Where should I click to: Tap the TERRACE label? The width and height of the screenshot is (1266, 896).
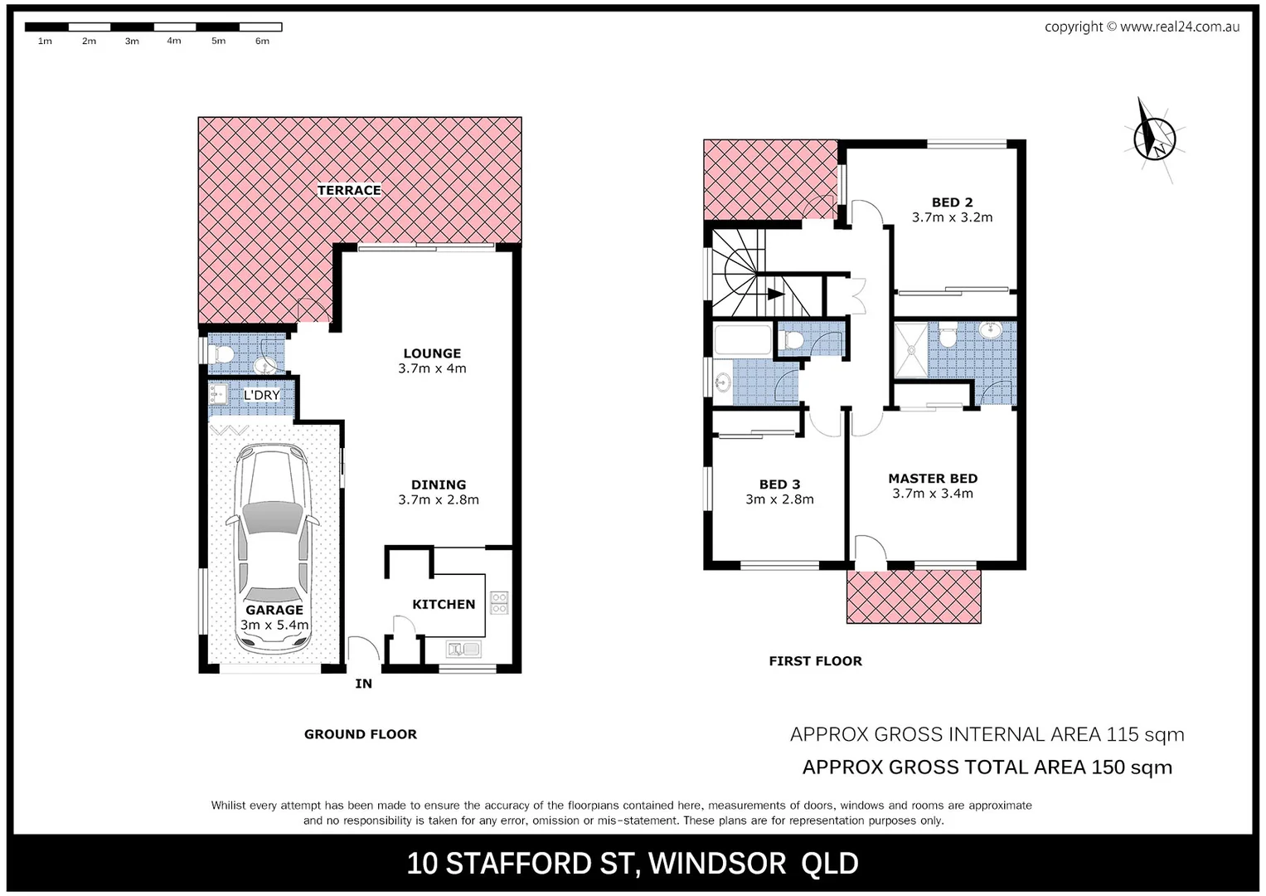[x=349, y=190]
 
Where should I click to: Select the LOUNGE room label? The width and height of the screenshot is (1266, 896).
[x=432, y=353]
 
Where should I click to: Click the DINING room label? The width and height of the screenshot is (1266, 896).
[x=439, y=485]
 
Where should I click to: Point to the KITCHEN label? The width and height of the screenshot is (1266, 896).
[x=444, y=604]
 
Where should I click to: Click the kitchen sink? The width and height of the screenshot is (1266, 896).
[x=463, y=649]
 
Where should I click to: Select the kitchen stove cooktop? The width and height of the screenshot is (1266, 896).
[x=499, y=602]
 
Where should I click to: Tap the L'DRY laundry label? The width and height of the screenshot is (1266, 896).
[x=261, y=395]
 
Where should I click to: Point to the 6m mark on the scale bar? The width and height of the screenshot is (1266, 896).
[x=262, y=41]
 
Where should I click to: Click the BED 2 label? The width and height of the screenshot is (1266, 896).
[x=952, y=202]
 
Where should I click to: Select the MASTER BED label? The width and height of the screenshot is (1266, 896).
[x=933, y=479]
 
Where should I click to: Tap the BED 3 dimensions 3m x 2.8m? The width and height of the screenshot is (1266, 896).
[x=779, y=499]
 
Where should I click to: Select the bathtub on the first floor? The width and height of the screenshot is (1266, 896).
[x=743, y=340]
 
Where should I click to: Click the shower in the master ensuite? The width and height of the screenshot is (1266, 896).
[x=910, y=350]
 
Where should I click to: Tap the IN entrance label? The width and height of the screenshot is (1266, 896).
[x=363, y=684]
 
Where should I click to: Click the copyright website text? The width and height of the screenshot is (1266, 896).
[x=1142, y=27]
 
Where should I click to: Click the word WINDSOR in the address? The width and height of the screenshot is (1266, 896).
[x=717, y=864]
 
